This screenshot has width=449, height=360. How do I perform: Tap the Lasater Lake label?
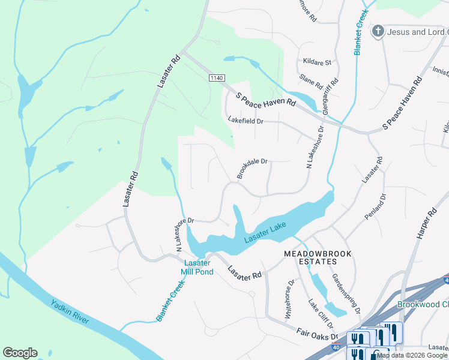click(265, 233)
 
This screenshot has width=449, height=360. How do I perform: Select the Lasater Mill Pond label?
click(197, 268)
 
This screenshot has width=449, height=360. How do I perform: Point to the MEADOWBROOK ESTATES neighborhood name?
click(316, 259)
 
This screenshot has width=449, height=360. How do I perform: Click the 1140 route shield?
click(217, 78)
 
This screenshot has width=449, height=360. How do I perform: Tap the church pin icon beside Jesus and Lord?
click(378, 31)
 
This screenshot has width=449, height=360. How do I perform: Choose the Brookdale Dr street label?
click(252, 169)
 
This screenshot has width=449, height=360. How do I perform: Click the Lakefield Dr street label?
click(246, 121)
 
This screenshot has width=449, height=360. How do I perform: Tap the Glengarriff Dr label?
click(330, 97)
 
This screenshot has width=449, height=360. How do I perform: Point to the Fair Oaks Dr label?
click(318, 333)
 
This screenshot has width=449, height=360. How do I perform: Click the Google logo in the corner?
click(20, 353)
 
